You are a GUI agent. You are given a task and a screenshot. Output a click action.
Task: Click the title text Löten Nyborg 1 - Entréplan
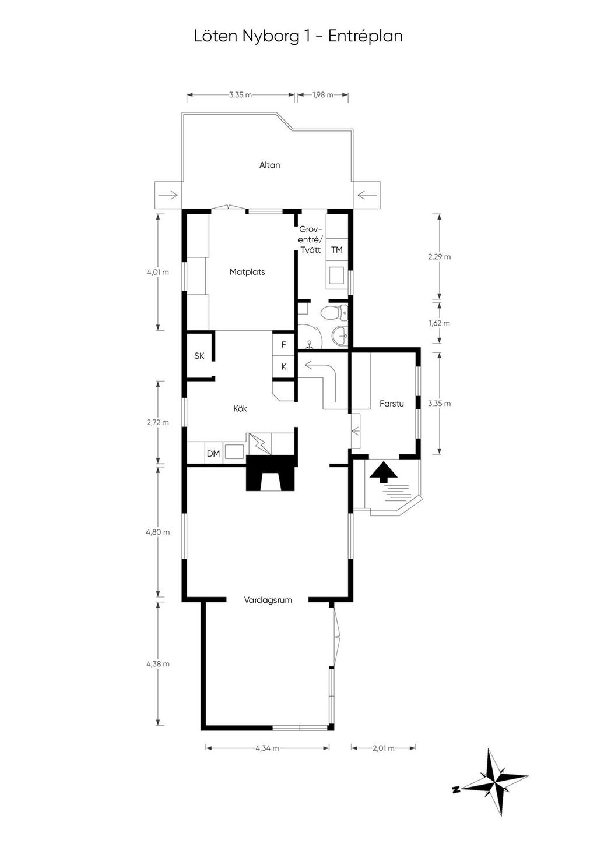coord(298,36)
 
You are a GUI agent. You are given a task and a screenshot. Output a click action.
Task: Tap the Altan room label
coord(269,165)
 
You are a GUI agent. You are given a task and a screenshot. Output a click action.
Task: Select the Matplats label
coord(247,271)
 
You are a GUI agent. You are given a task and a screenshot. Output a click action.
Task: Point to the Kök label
coord(240,408)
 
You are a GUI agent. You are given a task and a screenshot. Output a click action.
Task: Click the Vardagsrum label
coord(268,600)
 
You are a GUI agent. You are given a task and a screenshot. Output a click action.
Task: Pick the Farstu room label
coord(392,403)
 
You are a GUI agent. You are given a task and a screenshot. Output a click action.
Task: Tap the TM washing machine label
coord(337,250)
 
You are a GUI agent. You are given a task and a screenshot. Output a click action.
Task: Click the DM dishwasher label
coord(213,453)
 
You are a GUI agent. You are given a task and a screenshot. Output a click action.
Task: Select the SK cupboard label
coord(199,356)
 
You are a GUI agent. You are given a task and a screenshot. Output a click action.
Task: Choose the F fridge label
coord(284,345)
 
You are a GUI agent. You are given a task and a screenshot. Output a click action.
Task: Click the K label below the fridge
coord(284,367)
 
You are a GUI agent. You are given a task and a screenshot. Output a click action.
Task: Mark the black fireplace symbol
coord(271,472)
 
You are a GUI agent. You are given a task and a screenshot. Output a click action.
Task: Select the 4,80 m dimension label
coord(158,532)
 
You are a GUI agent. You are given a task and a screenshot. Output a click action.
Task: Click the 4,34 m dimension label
coord(267,748)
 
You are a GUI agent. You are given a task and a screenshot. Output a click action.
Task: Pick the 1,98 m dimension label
coord(322,95)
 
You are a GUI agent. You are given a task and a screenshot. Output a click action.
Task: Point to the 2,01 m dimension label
coord(384,748)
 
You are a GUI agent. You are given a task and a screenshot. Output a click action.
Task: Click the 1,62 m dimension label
coord(440,323)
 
